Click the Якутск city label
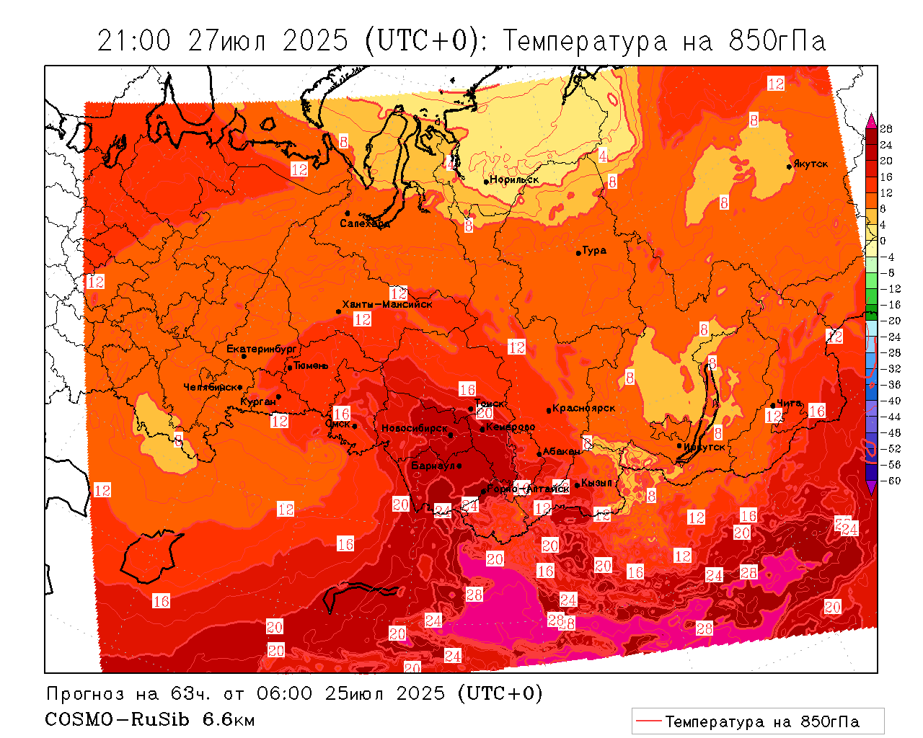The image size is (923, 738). [x=811, y=164]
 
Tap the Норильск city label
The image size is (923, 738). [x=514, y=179]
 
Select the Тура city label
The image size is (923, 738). [x=594, y=251]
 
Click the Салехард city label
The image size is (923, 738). [x=365, y=223]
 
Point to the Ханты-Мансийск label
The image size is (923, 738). [x=387, y=304]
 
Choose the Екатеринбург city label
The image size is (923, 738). [x=262, y=349]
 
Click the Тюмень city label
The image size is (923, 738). [x=311, y=365]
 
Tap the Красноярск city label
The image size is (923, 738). [x=584, y=408]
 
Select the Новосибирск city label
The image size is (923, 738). [x=415, y=429]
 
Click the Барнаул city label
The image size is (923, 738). [x=433, y=466]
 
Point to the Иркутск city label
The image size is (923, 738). [x=705, y=447]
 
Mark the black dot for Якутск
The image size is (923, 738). [x=790, y=166]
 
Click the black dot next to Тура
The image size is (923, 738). [x=578, y=253]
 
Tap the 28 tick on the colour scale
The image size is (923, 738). [x=886, y=129]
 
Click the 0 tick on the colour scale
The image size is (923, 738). [x=883, y=241]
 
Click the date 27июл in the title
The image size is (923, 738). [x=226, y=41]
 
